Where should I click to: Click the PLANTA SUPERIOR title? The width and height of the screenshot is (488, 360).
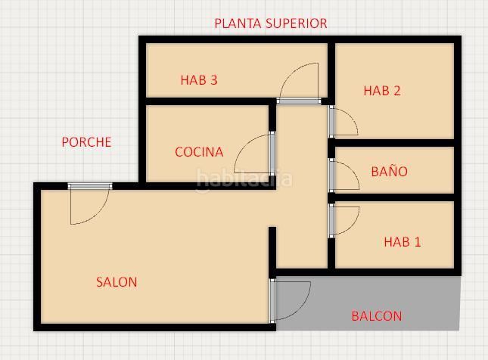(271, 23)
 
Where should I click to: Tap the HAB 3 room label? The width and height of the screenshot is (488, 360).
(199, 80)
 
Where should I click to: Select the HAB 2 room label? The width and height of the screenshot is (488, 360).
(382, 91)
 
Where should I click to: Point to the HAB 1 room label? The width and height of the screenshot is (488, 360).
(403, 242)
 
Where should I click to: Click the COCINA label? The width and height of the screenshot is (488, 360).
(199, 152)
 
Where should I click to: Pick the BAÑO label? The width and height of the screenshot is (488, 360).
(390, 171)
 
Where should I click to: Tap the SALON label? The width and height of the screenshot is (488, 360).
(117, 282)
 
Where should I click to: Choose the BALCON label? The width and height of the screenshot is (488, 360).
(377, 316)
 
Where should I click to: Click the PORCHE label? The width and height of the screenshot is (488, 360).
(86, 142)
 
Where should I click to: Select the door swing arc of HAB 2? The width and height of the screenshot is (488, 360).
(353, 116)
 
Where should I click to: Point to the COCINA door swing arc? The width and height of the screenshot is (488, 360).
(244, 146)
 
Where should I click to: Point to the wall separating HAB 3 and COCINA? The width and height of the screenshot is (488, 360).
(208, 101)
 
